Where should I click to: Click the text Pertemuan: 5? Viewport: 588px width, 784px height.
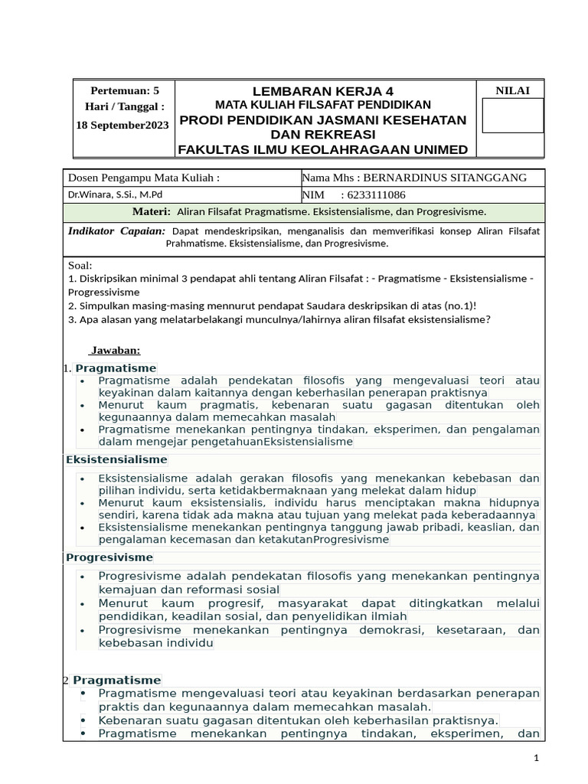point(125,90)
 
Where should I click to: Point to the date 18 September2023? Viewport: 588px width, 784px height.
point(122,125)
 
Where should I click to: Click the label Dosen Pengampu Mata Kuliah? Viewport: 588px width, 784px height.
point(144,178)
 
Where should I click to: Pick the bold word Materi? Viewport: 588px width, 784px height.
point(151,211)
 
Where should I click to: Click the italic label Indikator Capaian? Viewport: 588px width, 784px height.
point(116,230)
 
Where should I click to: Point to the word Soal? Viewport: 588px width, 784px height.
point(80,265)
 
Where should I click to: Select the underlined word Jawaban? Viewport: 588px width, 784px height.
point(115,350)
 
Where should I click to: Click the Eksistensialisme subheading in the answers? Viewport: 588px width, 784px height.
point(116,459)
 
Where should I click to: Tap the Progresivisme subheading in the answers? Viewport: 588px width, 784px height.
point(109,557)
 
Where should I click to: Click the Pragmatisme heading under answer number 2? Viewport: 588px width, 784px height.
point(117,680)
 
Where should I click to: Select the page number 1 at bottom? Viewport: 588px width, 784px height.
point(537,757)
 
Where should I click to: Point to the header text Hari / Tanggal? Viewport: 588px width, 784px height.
point(126,106)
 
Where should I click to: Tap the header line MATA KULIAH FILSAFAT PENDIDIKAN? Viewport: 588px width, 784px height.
point(323,105)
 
